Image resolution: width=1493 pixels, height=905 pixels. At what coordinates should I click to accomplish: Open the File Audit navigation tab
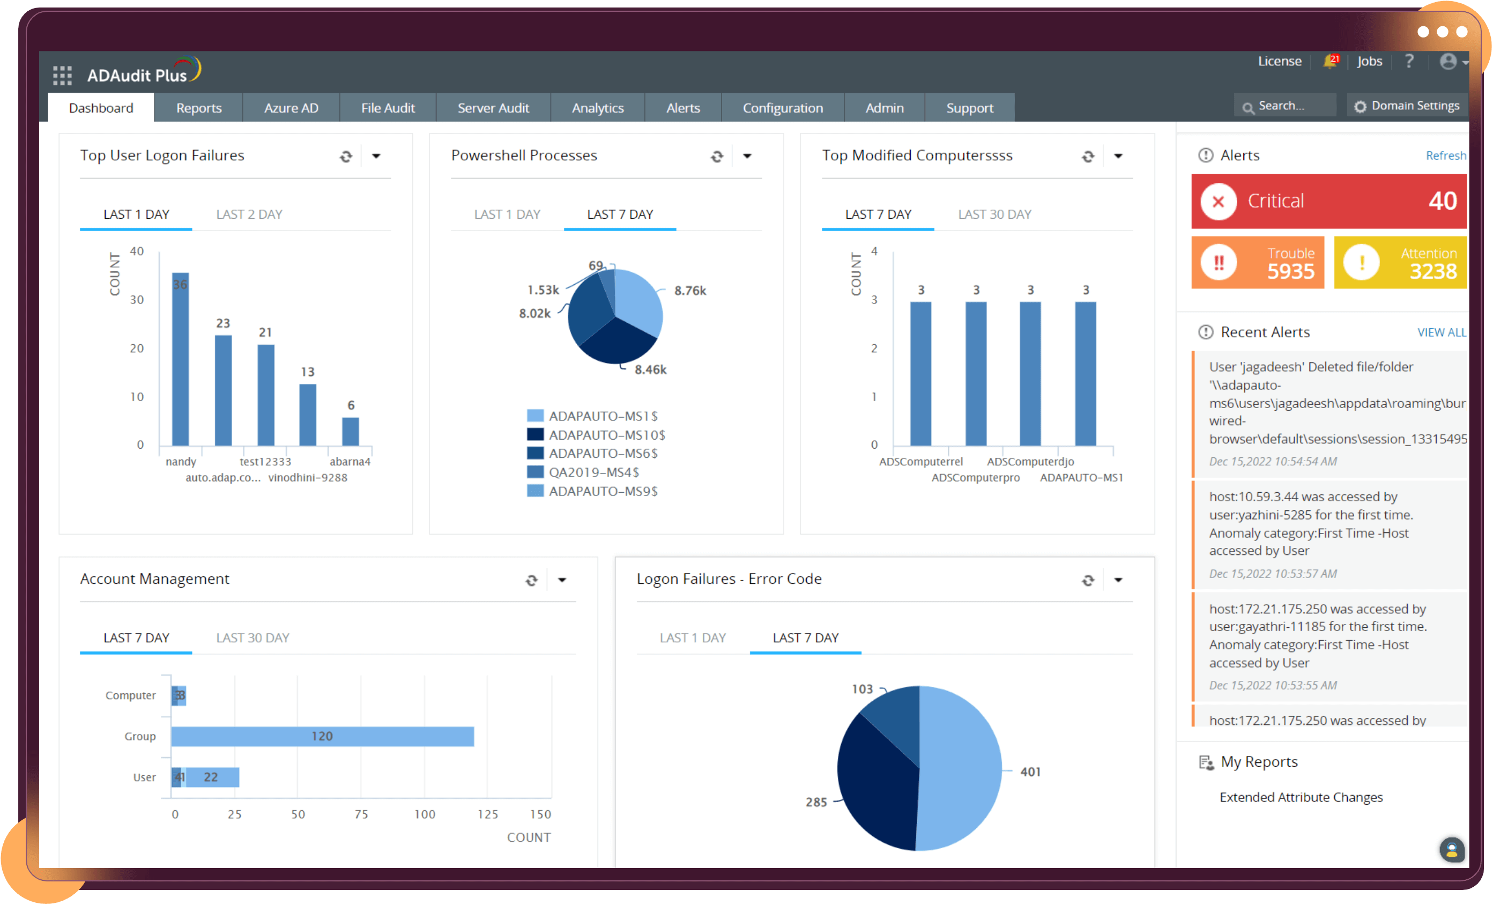tap(388, 108)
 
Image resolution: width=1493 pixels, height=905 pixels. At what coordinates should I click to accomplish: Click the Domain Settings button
tap(1407, 106)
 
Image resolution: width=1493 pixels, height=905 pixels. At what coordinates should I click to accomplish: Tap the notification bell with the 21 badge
tap(1330, 61)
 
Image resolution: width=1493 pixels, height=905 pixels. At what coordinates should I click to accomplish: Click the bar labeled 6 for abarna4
tap(350, 431)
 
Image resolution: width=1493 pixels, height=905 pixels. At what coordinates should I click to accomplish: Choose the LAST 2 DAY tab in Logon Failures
tap(249, 214)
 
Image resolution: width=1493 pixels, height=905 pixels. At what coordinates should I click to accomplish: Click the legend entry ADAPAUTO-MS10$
tap(606, 435)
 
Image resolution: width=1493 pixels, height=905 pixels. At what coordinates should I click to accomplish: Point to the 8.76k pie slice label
tap(689, 291)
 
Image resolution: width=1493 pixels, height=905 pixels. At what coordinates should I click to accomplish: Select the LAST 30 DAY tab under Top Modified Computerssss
tap(994, 214)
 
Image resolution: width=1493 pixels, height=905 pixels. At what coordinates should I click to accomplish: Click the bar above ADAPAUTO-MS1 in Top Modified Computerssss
tap(1085, 373)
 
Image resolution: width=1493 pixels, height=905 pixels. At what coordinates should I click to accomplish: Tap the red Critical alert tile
tap(1328, 201)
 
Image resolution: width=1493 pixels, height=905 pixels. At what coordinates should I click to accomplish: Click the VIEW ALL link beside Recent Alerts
tap(1441, 332)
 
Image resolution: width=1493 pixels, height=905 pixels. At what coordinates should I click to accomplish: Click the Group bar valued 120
tap(322, 736)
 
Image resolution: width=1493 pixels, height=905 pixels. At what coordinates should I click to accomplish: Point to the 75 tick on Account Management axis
tap(361, 814)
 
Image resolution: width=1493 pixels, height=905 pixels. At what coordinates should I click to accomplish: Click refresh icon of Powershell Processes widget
tap(717, 157)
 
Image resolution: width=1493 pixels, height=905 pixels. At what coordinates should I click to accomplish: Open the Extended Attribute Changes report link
tap(1301, 797)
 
